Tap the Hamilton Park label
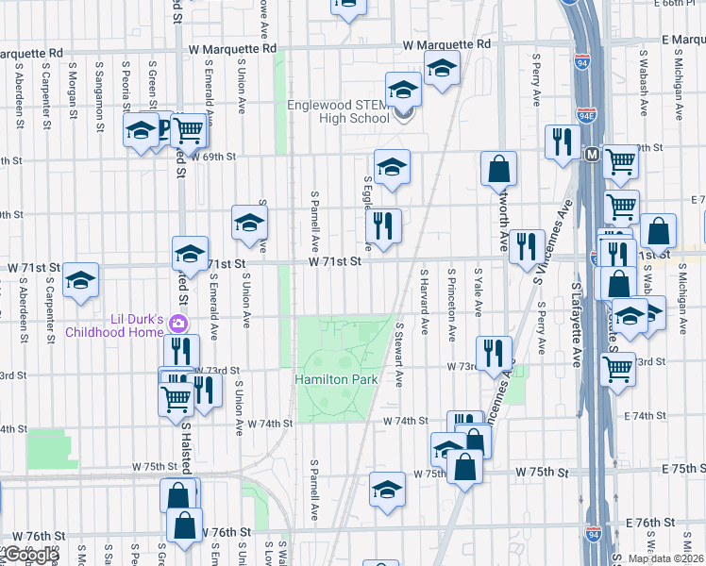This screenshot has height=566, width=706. coord(336,379)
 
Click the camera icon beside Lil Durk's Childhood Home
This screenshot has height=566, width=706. coord(179,325)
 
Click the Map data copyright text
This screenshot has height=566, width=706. coord(666,558)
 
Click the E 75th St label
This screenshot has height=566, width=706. coord(671,469)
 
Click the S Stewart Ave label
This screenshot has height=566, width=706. coord(400,354)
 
